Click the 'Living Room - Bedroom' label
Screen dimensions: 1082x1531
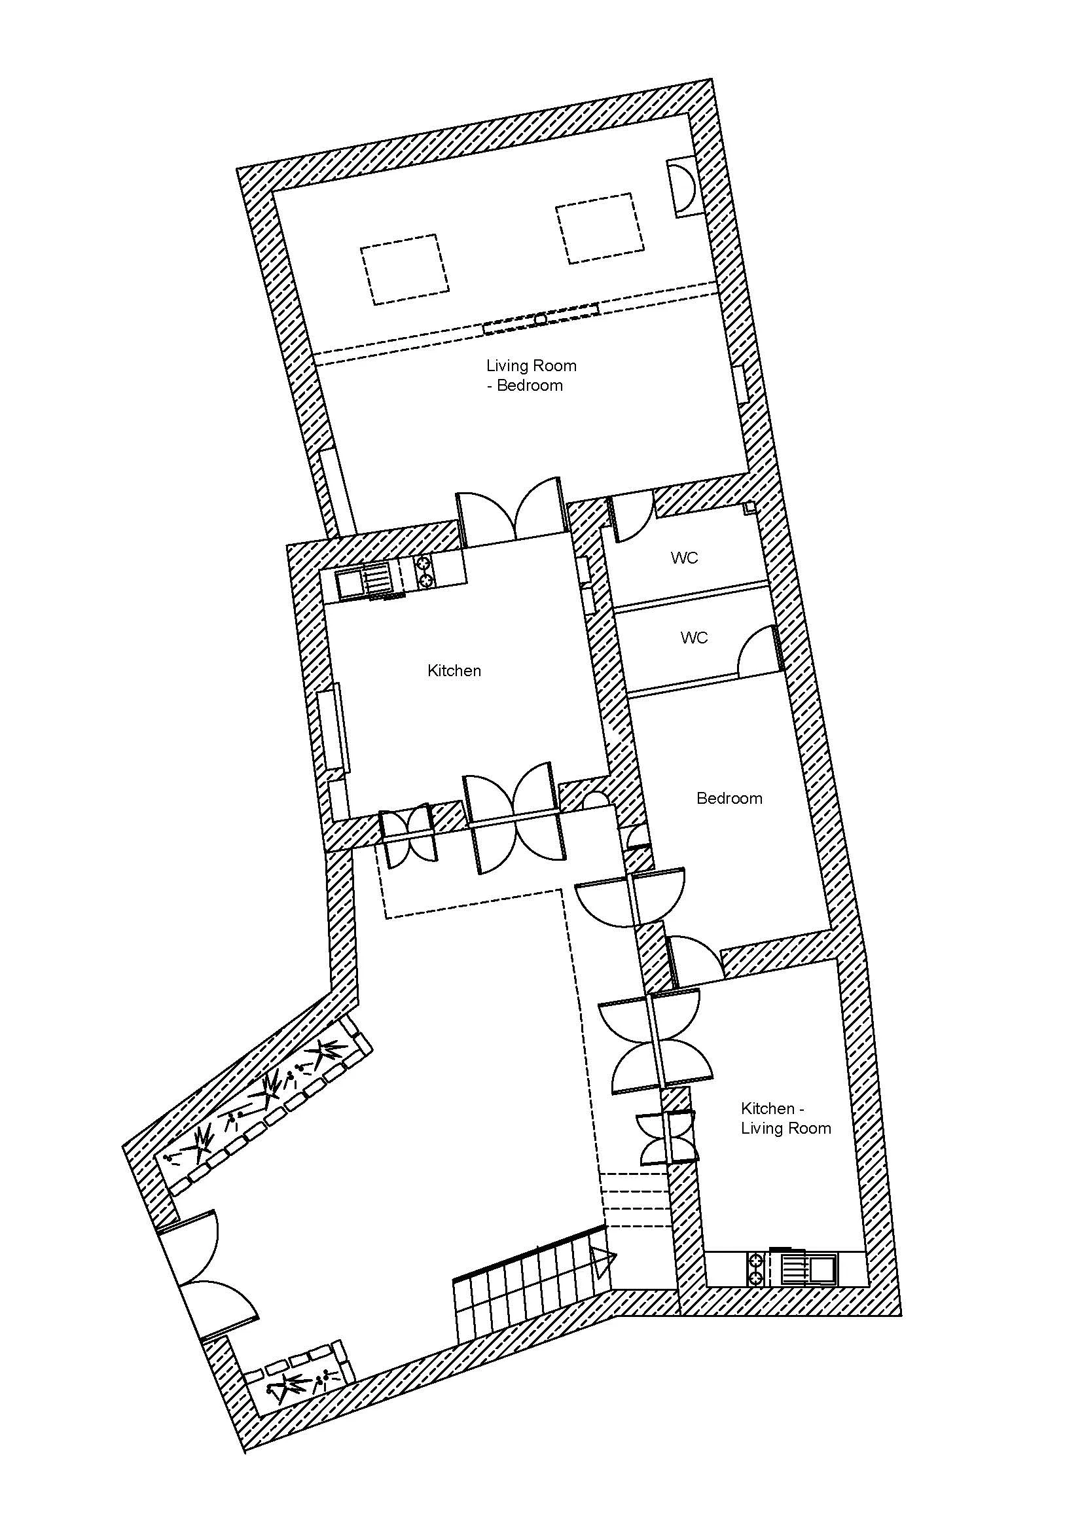(x=531, y=376)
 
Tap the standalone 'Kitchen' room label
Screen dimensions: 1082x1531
(x=454, y=671)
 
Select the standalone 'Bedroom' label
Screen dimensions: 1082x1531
(x=729, y=798)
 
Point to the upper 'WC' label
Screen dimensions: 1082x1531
(x=685, y=558)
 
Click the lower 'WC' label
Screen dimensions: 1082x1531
(x=694, y=638)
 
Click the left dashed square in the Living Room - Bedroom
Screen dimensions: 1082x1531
(x=405, y=270)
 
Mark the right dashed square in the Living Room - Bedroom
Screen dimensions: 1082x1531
(x=601, y=228)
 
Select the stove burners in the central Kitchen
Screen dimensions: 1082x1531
(x=425, y=572)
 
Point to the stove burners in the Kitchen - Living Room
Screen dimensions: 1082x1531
(x=756, y=1270)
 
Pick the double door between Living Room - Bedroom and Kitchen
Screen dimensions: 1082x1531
(x=511, y=510)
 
